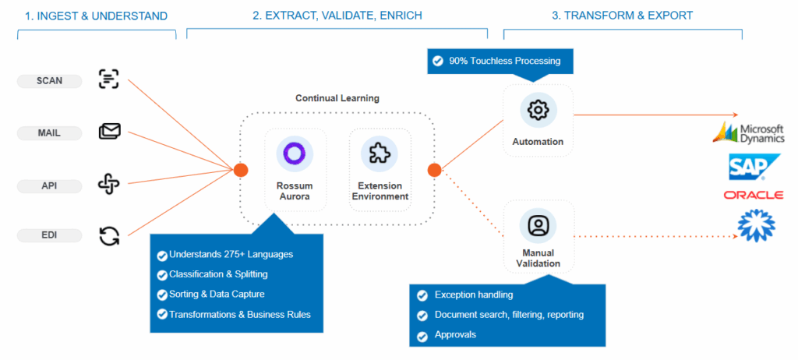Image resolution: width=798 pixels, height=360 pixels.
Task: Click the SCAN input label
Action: tap(49, 80)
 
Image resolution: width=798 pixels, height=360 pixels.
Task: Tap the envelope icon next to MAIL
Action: tap(110, 132)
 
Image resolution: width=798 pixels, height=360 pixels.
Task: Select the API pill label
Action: tap(49, 185)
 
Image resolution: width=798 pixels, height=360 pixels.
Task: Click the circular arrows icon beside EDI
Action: tap(110, 235)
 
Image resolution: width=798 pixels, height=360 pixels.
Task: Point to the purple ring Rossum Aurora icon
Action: tap(294, 153)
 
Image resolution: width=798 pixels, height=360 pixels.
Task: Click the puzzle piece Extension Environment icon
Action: tap(380, 153)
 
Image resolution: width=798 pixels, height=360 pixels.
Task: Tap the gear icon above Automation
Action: tap(538, 110)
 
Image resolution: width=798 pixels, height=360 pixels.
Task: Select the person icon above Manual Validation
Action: tap(538, 225)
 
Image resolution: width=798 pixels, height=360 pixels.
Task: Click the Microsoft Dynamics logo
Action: tap(748, 132)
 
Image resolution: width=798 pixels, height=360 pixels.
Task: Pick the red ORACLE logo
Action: tap(753, 195)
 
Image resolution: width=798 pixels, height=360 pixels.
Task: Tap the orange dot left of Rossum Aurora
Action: tap(241, 170)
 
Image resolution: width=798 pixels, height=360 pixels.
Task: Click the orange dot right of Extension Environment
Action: tap(434, 170)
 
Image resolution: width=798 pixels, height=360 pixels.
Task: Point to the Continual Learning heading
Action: tap(337, 98)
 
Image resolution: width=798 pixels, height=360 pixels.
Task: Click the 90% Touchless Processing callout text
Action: tap(504, 61)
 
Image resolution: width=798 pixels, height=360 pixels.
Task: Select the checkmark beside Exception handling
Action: tap(422, 295)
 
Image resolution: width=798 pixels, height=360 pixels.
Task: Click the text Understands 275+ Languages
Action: tap(231, 254)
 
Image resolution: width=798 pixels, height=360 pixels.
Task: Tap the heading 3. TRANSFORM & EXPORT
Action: tap(622, 15)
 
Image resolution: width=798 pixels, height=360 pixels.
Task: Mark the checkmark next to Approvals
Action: tap(422, 335)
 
